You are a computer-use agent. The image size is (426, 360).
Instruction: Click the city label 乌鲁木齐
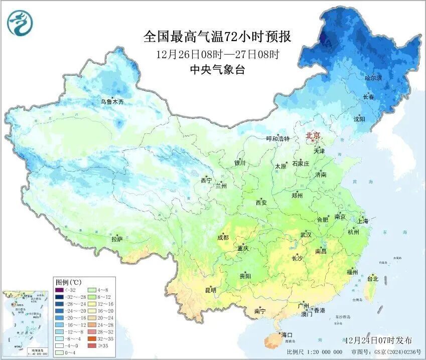(111, 102)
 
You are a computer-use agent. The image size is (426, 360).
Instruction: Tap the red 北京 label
(313, 135)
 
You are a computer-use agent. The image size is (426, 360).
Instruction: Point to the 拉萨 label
(117, 239)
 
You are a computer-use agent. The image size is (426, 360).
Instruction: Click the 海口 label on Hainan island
(287, 335)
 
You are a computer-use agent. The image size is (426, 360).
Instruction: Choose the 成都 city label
(223, 238)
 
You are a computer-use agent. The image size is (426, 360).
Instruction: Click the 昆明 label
(210, 290)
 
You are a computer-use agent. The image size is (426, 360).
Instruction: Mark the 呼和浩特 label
(277, 139)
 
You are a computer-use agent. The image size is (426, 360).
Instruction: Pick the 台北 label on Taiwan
(373, 278)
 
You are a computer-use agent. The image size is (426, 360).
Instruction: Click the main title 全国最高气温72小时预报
(217, 37)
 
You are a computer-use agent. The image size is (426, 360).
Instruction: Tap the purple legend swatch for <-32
(59, 290)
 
